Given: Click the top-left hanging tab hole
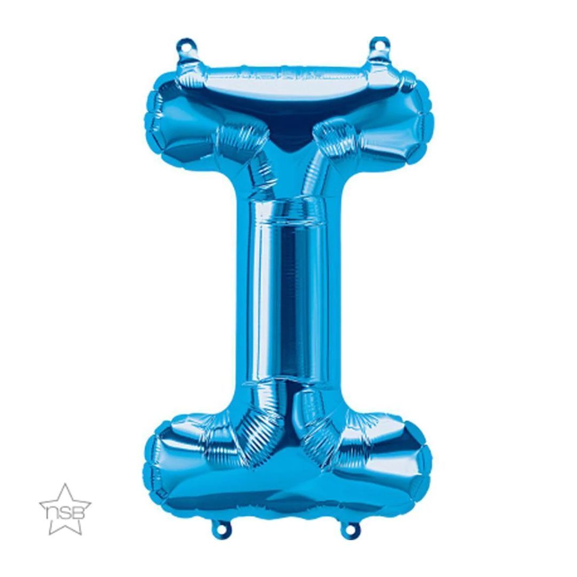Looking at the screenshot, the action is point(186,44).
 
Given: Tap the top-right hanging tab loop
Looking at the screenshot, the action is point(380,43).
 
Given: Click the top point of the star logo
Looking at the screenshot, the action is point(66,484).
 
